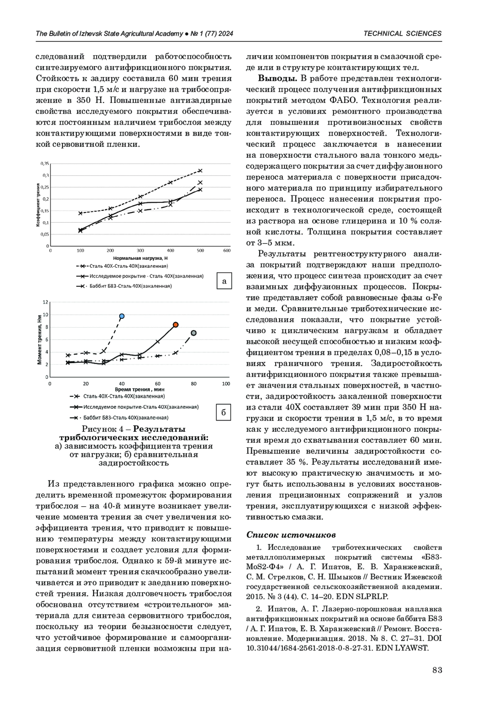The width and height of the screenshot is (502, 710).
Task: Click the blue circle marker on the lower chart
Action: [x=122, y=316]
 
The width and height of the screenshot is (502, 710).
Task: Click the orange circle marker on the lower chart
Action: [x=176, y=325]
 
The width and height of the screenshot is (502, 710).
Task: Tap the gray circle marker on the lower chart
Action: [x=194, y=333]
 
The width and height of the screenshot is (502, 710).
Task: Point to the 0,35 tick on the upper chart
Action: [x=45, y=164]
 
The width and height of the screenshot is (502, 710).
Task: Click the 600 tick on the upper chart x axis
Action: [x=227, y=251]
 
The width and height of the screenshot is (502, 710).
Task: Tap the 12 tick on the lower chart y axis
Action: [x=46, y=302]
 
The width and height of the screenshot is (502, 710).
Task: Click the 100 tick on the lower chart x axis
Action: [x=226, y=384]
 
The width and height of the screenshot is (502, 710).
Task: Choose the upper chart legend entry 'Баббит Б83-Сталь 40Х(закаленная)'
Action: [x=130, y=286]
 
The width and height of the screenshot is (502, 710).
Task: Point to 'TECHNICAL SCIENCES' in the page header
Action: [x=402, y=33]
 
